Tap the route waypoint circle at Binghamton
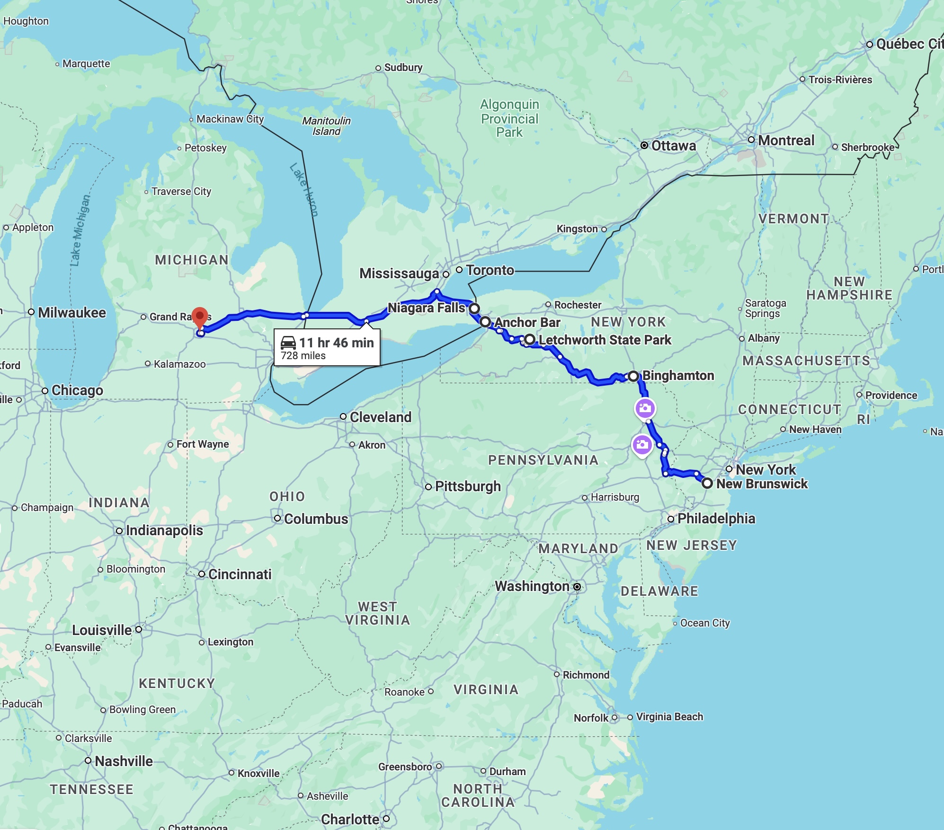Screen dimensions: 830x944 [633, 376]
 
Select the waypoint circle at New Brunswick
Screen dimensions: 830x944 [707, 483]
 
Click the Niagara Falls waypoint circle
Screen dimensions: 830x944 [474, 309]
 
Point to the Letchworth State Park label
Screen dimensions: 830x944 [605, 340]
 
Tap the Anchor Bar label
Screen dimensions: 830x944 [527, 323]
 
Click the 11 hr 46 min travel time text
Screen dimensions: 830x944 [336, 343]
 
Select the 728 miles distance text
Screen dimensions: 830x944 [303, 356]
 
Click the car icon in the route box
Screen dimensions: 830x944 [288, 343]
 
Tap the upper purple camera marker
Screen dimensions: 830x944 [645, 408]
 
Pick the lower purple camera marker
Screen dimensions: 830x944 [642, 445]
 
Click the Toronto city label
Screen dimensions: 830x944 [490, 270]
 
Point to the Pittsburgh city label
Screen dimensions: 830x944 [467, 486]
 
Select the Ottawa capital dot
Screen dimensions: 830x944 [644, 146]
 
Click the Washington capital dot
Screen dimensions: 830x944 [577, 587]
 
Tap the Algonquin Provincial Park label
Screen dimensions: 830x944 [509, 118]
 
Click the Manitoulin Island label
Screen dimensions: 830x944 [326, 126]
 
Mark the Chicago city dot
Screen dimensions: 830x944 [45, 391]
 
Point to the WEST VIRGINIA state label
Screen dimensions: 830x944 [377, 613]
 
